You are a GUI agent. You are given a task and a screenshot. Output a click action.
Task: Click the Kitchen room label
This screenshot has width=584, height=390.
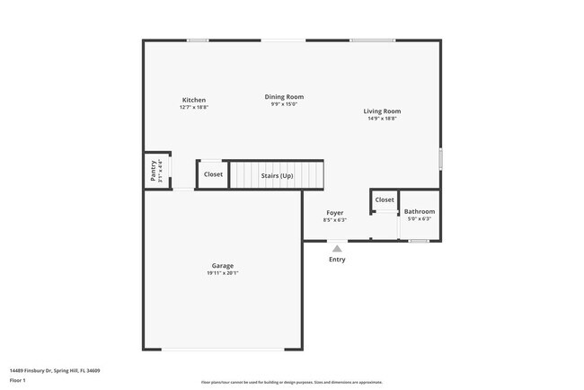(x=193, y=100)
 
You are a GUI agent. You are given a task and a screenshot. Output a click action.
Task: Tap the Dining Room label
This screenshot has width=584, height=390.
(x=284, y=96)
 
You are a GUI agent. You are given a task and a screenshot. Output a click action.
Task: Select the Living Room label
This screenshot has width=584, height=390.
(x=382, y=111)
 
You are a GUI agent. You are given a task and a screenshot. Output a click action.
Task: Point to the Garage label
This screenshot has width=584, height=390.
(x=222, y=266)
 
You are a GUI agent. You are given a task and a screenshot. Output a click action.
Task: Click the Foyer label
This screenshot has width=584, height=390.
(x=334, y=213)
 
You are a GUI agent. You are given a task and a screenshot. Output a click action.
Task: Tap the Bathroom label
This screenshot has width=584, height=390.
(x=419, y=212)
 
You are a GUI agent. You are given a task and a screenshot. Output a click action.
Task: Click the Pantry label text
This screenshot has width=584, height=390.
(x=154, y=171)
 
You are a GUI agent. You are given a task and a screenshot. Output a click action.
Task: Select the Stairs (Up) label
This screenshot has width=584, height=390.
(x=277, y=175)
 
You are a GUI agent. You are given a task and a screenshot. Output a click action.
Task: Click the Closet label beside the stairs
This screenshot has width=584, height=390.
(x=213, y=174)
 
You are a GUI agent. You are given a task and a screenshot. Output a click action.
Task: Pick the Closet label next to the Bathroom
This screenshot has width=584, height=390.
(x=385, y=199)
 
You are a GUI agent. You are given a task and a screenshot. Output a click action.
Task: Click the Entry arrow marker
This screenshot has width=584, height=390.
(x=336, y=248)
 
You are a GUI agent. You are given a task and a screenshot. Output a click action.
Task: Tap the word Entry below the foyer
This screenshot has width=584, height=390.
(x=336, y=260)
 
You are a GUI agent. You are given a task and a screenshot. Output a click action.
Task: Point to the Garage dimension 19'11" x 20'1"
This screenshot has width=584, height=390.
(x=222, y=273)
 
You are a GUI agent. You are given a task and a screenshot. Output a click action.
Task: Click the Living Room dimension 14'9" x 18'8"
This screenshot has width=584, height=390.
(x=382, y=119)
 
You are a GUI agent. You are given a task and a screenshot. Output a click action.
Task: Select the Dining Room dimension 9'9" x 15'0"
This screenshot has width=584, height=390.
(x=284, y=104)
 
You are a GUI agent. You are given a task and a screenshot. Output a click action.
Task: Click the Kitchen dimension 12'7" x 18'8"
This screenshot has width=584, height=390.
(x=193, y=107)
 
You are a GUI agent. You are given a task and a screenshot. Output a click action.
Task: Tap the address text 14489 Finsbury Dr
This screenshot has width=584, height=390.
(x=54, y=369)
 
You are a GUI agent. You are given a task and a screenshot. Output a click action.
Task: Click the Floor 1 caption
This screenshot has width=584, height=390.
(x=19, y=380)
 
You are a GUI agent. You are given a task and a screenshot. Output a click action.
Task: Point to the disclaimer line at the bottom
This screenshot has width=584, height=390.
(x=291, y=382)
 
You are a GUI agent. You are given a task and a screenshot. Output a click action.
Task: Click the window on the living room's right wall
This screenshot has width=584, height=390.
(x=440, y=159)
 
